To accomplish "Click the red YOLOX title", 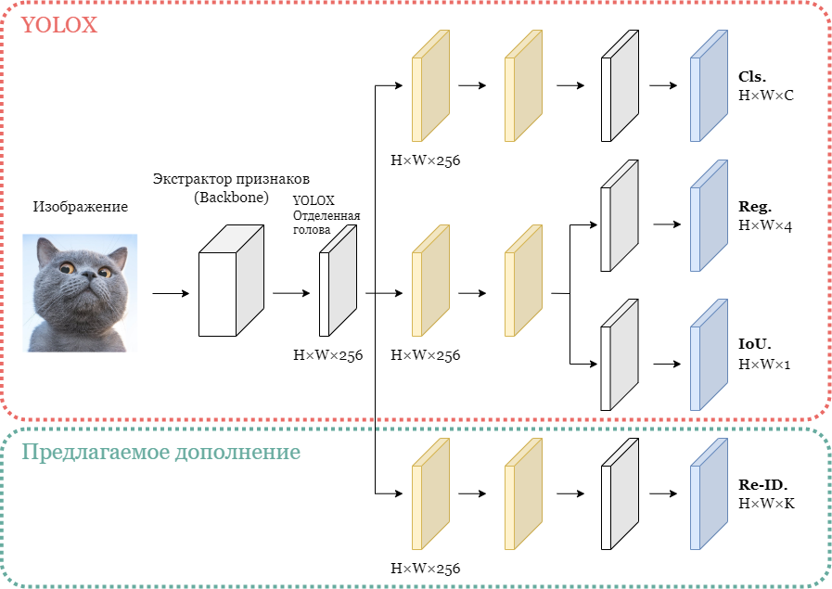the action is click(x=58, y=25).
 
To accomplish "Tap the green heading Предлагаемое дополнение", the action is click(x=160, y=452).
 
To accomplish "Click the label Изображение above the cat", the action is click(x=81, y=207).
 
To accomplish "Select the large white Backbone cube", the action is click(x=231, y=281).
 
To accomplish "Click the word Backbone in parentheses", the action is click(x=231, y=198).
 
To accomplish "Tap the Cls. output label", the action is click(x=752, y=77).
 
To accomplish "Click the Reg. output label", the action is click(x=754, y=207).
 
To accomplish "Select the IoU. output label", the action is click(x=754, y=344).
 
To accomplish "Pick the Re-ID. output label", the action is click(x=763, y=484).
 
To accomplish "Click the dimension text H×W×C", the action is click(x=765, y=96).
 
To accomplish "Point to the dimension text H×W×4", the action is click(x=764, y=225).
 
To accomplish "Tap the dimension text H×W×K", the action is click(x=766, y=503).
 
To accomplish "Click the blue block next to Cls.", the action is click(x=709, y=85).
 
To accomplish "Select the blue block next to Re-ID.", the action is click(x=709, y=494).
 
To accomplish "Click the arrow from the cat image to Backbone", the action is click(x=171, y=293).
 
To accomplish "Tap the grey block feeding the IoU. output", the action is click(x=620, y=354).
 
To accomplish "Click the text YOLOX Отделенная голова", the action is click(x=326, y=215).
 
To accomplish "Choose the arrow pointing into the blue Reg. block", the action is click(x=667, y=224).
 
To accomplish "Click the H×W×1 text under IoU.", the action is click(x=764, y=364).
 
